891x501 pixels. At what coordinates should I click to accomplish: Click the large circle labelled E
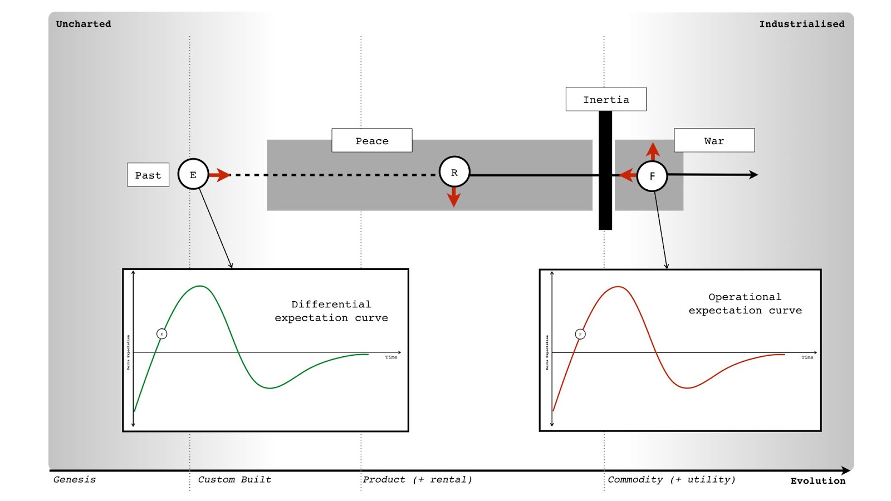(193, 174)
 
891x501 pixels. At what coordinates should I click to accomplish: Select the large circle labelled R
(454, 172)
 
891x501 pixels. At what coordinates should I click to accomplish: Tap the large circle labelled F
(652, 176)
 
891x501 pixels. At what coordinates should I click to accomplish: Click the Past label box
(148, 175)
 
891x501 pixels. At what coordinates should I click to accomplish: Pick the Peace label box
(371, 141)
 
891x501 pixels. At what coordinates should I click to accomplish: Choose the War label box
(714, 141)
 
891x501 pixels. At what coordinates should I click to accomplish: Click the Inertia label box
(606, 100)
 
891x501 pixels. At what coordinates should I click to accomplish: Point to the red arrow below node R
(454, 197)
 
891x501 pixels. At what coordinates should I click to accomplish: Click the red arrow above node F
(653, 151)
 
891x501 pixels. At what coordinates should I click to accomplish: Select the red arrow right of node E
(220, 175)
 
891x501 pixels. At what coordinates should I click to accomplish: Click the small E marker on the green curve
(161, 334)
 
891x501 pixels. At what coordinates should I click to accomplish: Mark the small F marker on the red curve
(580, 334)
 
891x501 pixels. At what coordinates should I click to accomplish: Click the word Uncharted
(84, 24)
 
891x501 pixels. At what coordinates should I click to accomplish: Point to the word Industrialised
(801, 24)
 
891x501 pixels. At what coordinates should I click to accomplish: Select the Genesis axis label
(75, 479)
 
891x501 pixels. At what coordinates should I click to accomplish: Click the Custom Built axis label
(234, 479)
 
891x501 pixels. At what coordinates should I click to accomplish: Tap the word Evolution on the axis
(817, 481)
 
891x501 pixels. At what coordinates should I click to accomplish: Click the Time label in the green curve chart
(391, 357)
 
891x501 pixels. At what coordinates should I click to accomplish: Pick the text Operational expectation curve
(745, 304)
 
